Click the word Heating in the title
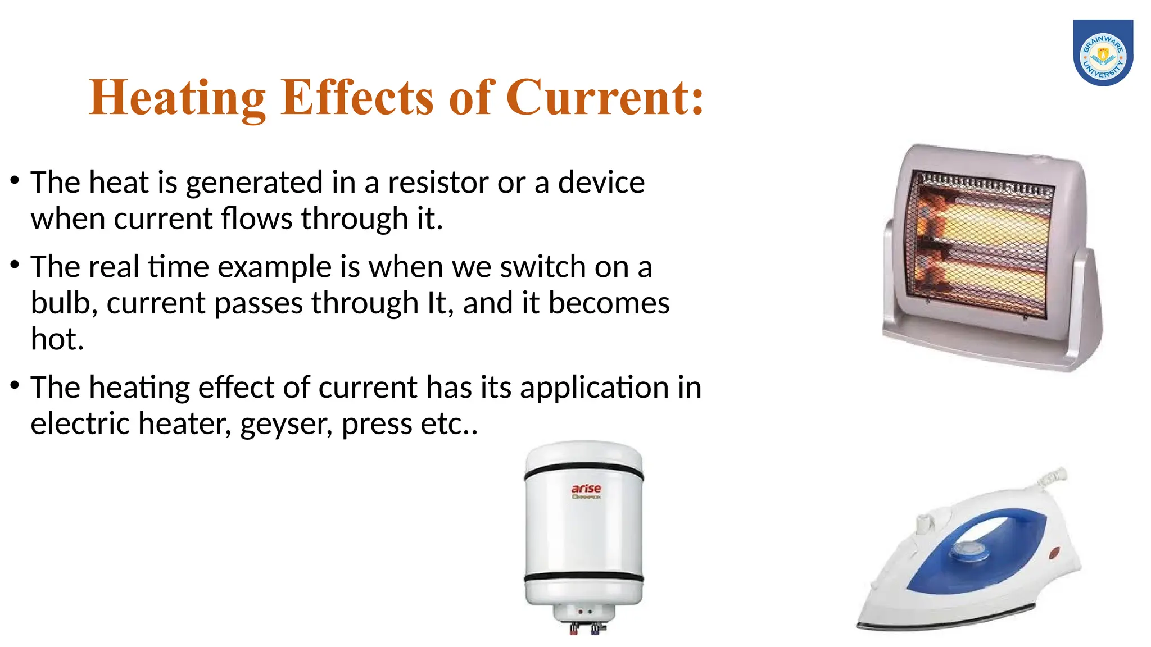(177, 98)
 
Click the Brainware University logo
(1103, 53)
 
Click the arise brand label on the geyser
(586, 490)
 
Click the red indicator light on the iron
(1053, 553)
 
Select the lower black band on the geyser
(583, 577)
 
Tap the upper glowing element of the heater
(989, 225)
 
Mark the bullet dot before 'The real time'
(15, 264)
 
